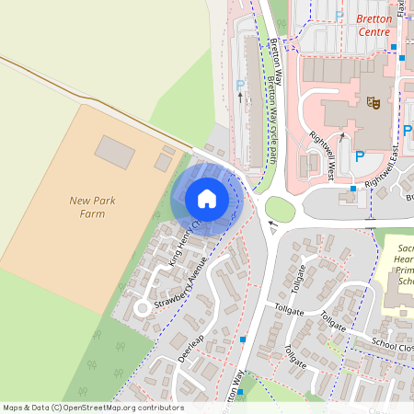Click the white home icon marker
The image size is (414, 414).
click(x=207, y=198)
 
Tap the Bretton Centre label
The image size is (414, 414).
click(x=374, y=25)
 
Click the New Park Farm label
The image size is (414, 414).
click(x=99, y=207)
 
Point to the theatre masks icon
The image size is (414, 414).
click(x=374, y=102)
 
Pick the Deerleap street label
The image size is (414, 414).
click(x=190, y=346)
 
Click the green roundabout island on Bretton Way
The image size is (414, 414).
click(x=280, y=211)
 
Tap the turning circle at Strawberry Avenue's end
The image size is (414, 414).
click(x=143, y=307)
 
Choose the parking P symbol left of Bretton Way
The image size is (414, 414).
click(x=241, y=86)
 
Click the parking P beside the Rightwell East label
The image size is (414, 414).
click(x=360, y=156)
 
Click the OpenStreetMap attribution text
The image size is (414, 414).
click(x=92, y=408)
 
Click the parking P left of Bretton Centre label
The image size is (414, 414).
click(x=339, y=15)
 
